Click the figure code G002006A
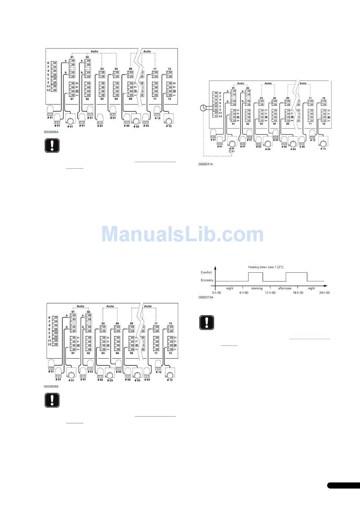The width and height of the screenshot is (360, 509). click(x=51, y=133)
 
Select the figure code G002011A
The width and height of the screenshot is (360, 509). click(x=206, y=164)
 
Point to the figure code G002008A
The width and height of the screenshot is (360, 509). click(x=51, y=386)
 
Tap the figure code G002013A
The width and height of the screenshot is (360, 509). click(x=206, y=297)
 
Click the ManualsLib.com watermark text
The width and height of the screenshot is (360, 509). click(x=182, y=234)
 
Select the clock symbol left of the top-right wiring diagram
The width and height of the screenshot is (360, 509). click(x=204, y=108)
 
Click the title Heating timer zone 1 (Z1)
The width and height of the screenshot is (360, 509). click(x=266, y=267)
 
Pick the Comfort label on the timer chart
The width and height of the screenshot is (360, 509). click(x=206, y=272)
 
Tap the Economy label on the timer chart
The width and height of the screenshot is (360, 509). click(x=207, y=281)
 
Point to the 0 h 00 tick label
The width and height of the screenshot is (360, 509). click(x=216, y=293)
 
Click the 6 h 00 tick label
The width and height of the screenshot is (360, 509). click(x=244, y=293)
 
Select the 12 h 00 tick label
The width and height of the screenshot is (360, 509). click(x=270, y=293)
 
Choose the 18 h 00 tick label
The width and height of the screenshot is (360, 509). click(x=297, y=293)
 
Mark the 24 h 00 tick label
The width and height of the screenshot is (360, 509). click(x=324, y=293)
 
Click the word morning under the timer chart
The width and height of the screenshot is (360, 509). click(x=257, y=288)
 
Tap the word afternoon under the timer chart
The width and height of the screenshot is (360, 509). click(x=285, y=288)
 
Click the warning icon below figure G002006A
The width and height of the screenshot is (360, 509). click(x=52, y=146)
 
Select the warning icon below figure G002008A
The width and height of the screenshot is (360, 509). click(x=52, y=400)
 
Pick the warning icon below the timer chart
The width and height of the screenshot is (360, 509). click(x=207, y=322)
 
